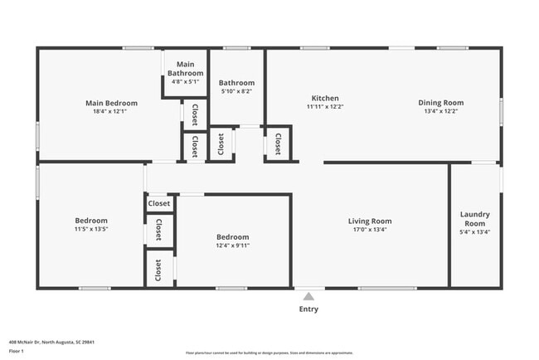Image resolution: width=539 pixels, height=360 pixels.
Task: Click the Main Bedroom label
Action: pos(111,104)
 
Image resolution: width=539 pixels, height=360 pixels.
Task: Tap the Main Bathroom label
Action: pos(186,69)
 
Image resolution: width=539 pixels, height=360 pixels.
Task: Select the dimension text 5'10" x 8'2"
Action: pos(236,93)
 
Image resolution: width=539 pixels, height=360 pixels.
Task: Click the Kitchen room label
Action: pos(324,98)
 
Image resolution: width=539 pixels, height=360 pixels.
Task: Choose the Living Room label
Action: pos(369,221)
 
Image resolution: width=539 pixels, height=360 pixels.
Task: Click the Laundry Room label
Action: pos(474,219)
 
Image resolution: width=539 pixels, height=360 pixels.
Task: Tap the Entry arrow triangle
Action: pos(308,296)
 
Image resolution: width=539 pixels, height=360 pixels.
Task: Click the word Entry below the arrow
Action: pos(308,309)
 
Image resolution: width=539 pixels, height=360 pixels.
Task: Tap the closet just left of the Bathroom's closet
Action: pos(195,147)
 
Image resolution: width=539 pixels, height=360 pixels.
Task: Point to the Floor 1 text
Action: pos(16,351)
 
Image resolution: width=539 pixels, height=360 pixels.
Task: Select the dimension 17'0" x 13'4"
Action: pos(369,230)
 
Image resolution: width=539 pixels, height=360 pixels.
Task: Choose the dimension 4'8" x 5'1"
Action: pos(186,82)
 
